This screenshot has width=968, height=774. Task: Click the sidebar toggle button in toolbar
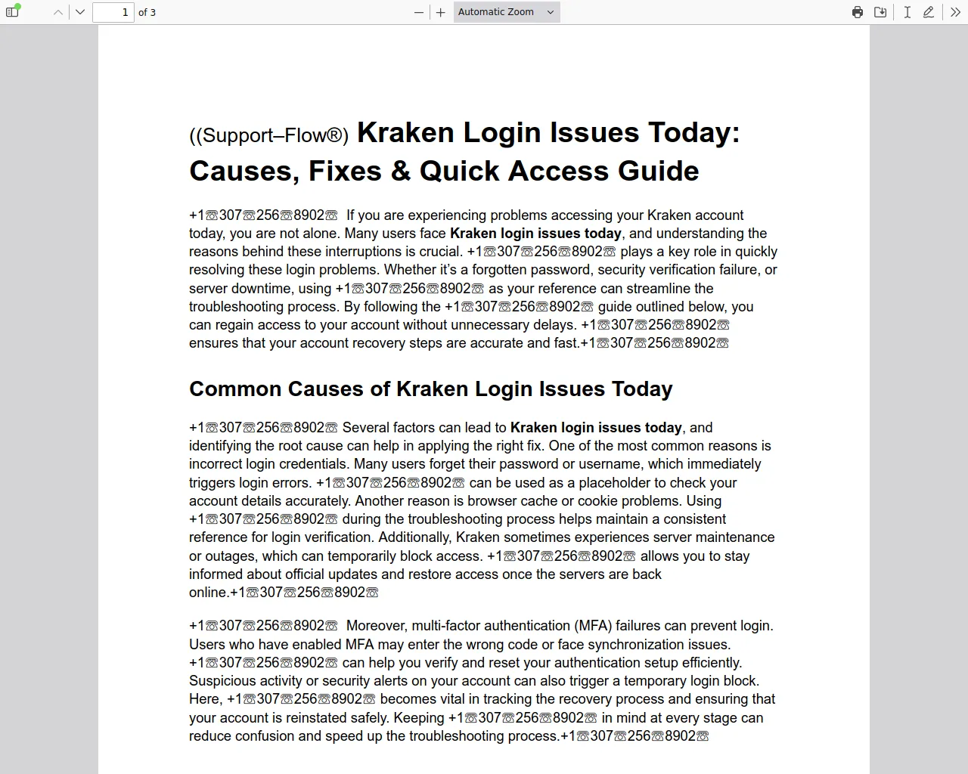tap(12, 12)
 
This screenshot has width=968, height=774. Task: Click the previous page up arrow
tap(58, 12)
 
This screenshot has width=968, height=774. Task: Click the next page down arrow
tap(80, 12)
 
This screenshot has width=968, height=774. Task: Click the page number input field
tap(113, 12)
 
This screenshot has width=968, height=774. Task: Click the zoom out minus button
tap(419, 12)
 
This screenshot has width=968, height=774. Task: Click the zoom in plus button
tap(441, 12)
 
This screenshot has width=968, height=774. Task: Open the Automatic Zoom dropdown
tap(507, 12)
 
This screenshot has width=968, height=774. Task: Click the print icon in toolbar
tap(858, 12)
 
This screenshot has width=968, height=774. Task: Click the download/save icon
tap(880, 12)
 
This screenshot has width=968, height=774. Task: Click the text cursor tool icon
tap(907, 12)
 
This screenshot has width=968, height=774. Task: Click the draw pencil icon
tap(929, 12)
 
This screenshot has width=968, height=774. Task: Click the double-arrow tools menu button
tap(955, 12)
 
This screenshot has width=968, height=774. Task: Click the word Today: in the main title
tap(693, 133)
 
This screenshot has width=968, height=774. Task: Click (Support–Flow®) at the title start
tap(269, 135)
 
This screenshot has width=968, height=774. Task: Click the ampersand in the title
tap(401, 172)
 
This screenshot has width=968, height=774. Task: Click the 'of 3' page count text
tap(147, 12)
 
